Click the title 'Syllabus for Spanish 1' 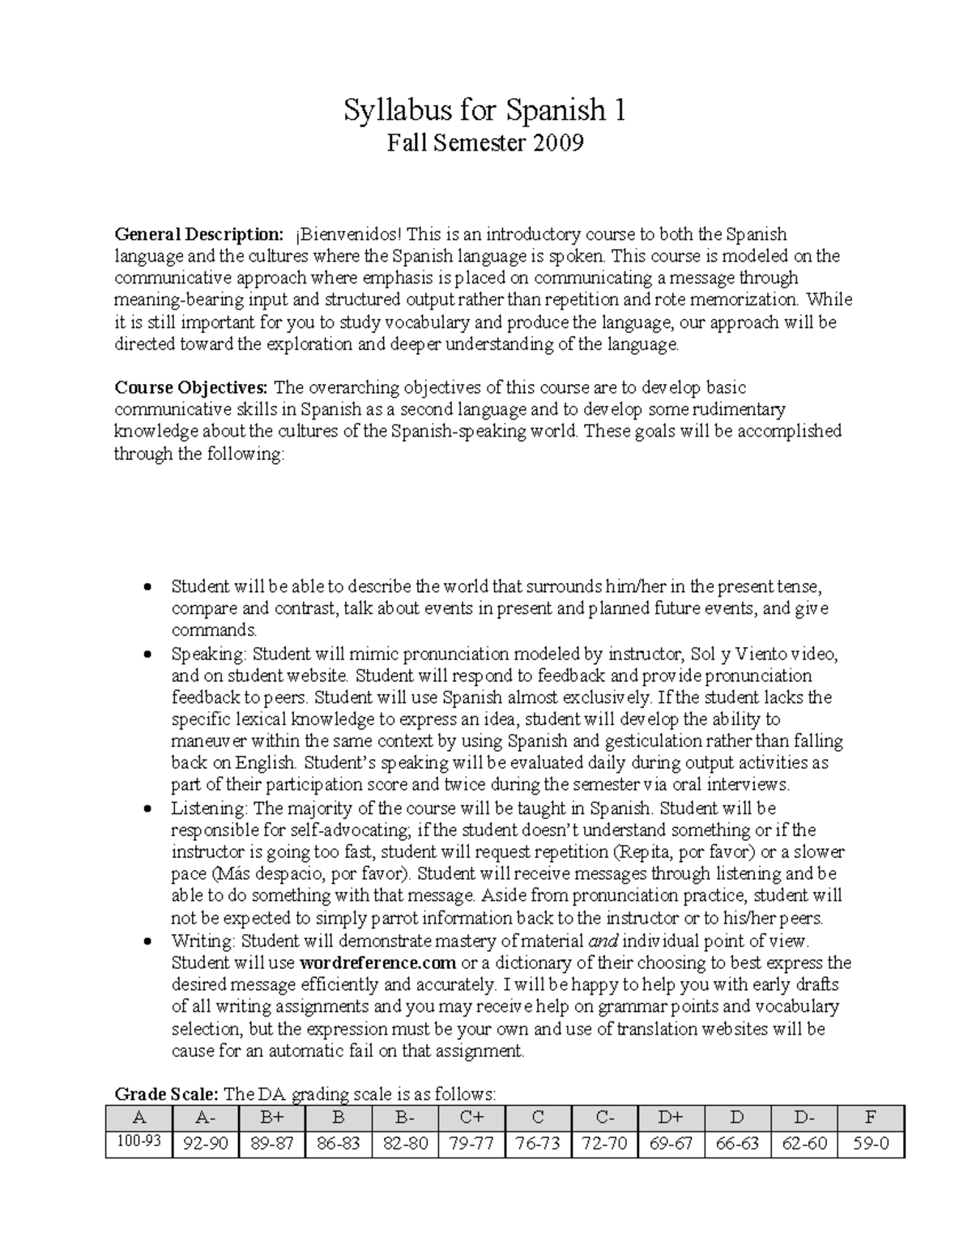pyautogui.click(x=484, y=109)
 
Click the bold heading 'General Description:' pyautogui.click(x=198, y=235)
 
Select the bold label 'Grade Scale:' pyautogui.click(x=166, y=1094)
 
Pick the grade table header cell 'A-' pyautogui.click(x=206, y=1118)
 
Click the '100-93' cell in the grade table pyautogui.click(x=139, y=1143)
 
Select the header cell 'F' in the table pyautogui.click(x=871, y=1118)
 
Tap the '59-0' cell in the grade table pyautogui.click(x=871, y=1144)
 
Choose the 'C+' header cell pyautogui.click(x=471, y=1118)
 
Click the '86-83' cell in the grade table pyautogui.click(x=339, y=1144)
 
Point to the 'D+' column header pyautogui.click(x=671, y=1118)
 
